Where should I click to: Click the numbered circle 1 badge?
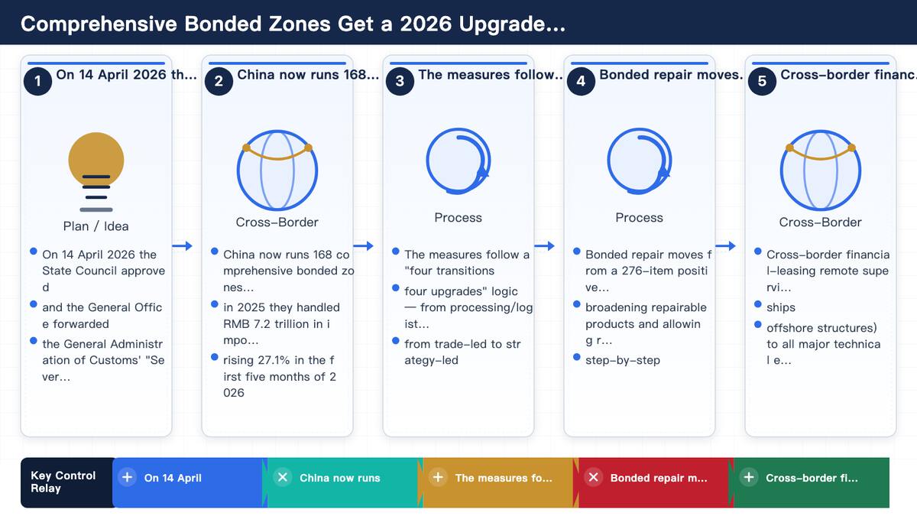[37, 81]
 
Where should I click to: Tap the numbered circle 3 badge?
[400, 81]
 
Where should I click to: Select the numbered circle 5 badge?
[762, 81]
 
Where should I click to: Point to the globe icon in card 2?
[277, 170]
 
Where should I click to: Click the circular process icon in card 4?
[640, 161]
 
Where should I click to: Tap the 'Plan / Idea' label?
[96, 226]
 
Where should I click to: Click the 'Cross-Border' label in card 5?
[820, 222]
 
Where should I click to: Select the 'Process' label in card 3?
[458, 217]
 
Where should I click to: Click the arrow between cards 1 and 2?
[182, 245]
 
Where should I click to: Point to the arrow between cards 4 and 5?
[725, 245]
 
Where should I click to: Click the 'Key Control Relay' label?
[63, 482]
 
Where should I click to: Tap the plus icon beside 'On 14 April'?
[128, 478]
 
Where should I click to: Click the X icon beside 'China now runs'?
[283, 478]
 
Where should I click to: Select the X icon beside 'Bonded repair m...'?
[594, 478]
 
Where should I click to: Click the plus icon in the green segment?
[749, 478]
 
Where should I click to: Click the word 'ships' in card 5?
[781, 307]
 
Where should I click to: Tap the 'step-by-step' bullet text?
[623, 360]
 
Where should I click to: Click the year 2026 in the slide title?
[426, 24]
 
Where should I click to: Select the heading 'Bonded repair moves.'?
[671, 75]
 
